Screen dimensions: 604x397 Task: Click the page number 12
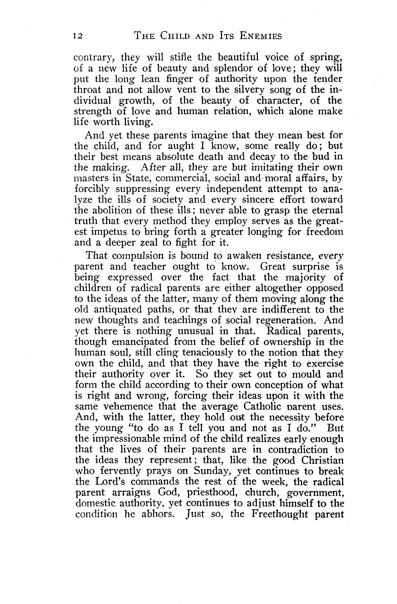click(78, 37)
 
